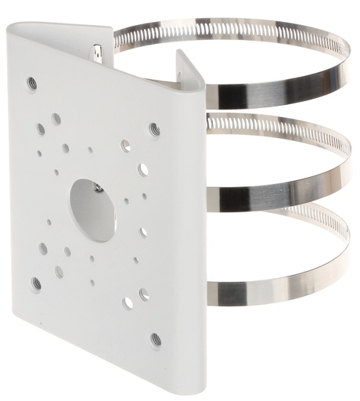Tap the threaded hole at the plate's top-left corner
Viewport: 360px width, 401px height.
(x=32, y=81)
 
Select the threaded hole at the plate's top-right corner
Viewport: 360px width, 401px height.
(x=154, y=128)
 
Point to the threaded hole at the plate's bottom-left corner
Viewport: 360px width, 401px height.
(x=36, y=282)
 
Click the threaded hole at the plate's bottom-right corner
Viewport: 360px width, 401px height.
(x=156, y=338)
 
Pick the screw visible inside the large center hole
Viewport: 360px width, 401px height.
(x=95, y=187)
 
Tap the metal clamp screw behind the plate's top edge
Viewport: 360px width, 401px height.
(x=97, y=54)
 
